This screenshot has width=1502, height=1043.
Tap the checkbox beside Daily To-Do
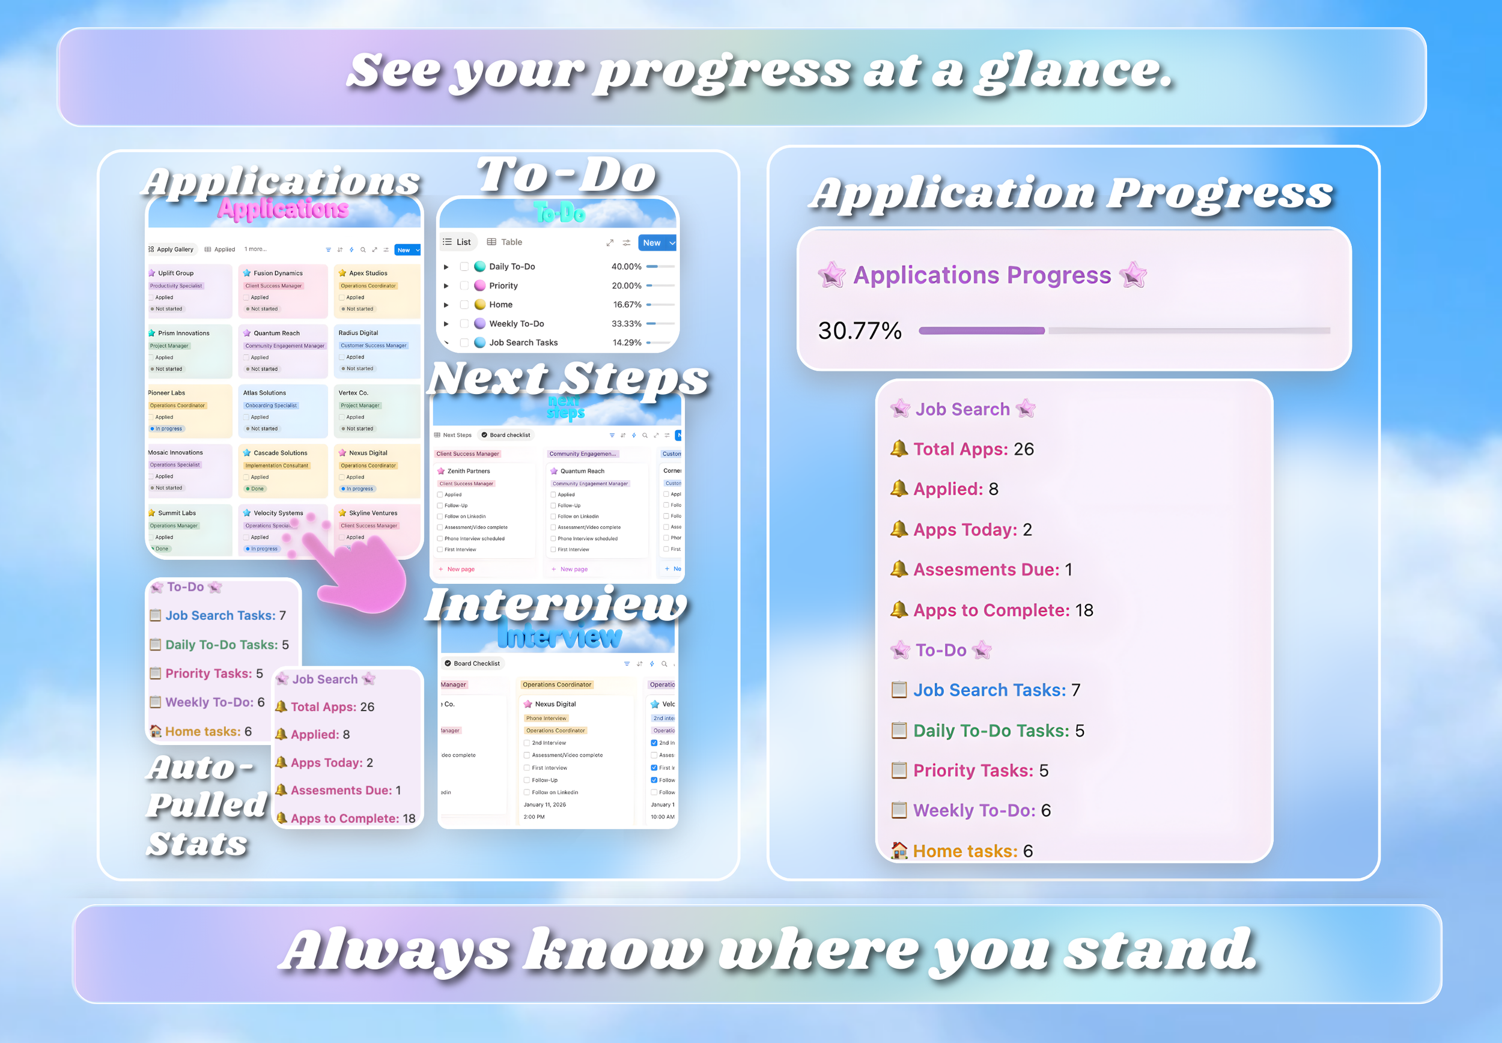click(464, 267)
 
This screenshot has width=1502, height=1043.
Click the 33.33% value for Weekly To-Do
click(626, 323)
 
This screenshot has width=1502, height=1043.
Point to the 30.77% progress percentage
click(859, 330)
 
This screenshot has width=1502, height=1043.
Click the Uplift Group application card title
click(175, 273)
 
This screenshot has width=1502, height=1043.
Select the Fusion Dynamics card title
click(278, 273)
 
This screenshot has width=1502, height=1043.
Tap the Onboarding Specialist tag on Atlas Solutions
click(270, 405)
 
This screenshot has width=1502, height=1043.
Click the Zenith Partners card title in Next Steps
click(468, 471)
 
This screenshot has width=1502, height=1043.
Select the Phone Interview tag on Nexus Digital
click(546, 718)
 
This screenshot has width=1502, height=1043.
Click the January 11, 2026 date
click(544, 804)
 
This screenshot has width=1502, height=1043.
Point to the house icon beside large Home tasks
click(899, 850)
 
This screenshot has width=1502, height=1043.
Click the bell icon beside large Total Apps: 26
click(899, 449)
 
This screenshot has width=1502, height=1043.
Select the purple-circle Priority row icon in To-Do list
click(479, 285)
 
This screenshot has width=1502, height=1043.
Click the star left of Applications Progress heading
click(832, 275)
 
